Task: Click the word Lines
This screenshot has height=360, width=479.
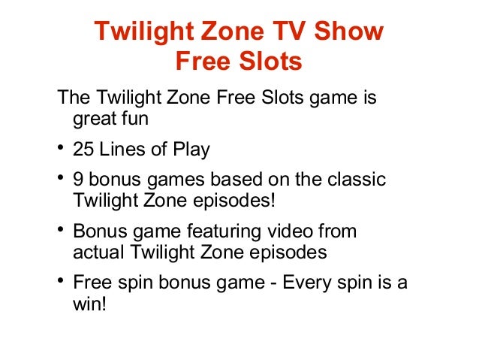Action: click(x=122, y=150)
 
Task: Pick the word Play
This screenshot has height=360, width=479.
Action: click(x=191, y=150)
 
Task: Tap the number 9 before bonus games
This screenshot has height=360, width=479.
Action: click(x=78, y=180)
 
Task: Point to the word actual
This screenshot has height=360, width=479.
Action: click(x=95, y=253)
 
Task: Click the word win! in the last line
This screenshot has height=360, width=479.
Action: click(x=91, y=304)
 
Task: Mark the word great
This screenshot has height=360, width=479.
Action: click(x=93, y=119)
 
